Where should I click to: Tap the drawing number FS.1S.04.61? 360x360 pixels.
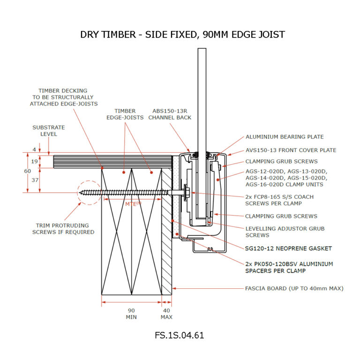(x=180, y=336)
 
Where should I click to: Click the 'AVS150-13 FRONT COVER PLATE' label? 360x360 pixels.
(x=291, y=150)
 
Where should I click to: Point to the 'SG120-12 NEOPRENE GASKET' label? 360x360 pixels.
(x=288, y=248)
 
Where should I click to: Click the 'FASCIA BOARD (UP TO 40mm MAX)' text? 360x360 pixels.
(x=294, y=288)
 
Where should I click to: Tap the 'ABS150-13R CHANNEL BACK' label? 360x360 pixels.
(x=170, y=114)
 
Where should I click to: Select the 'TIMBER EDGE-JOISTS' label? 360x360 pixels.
(x=125, y=114)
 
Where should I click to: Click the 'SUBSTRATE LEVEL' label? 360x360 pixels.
(x=48, y=130)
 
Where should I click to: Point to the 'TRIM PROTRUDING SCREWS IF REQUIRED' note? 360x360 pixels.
(x=63, y=228)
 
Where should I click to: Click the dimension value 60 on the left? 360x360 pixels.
(x=28, y=172)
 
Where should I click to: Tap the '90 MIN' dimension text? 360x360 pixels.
(x=132, y=314)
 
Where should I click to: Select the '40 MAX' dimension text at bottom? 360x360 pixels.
(x=166, y=314)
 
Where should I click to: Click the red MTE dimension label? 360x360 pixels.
(x=133, y=203)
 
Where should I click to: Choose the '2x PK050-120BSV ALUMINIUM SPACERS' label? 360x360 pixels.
(x=289, y=267)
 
